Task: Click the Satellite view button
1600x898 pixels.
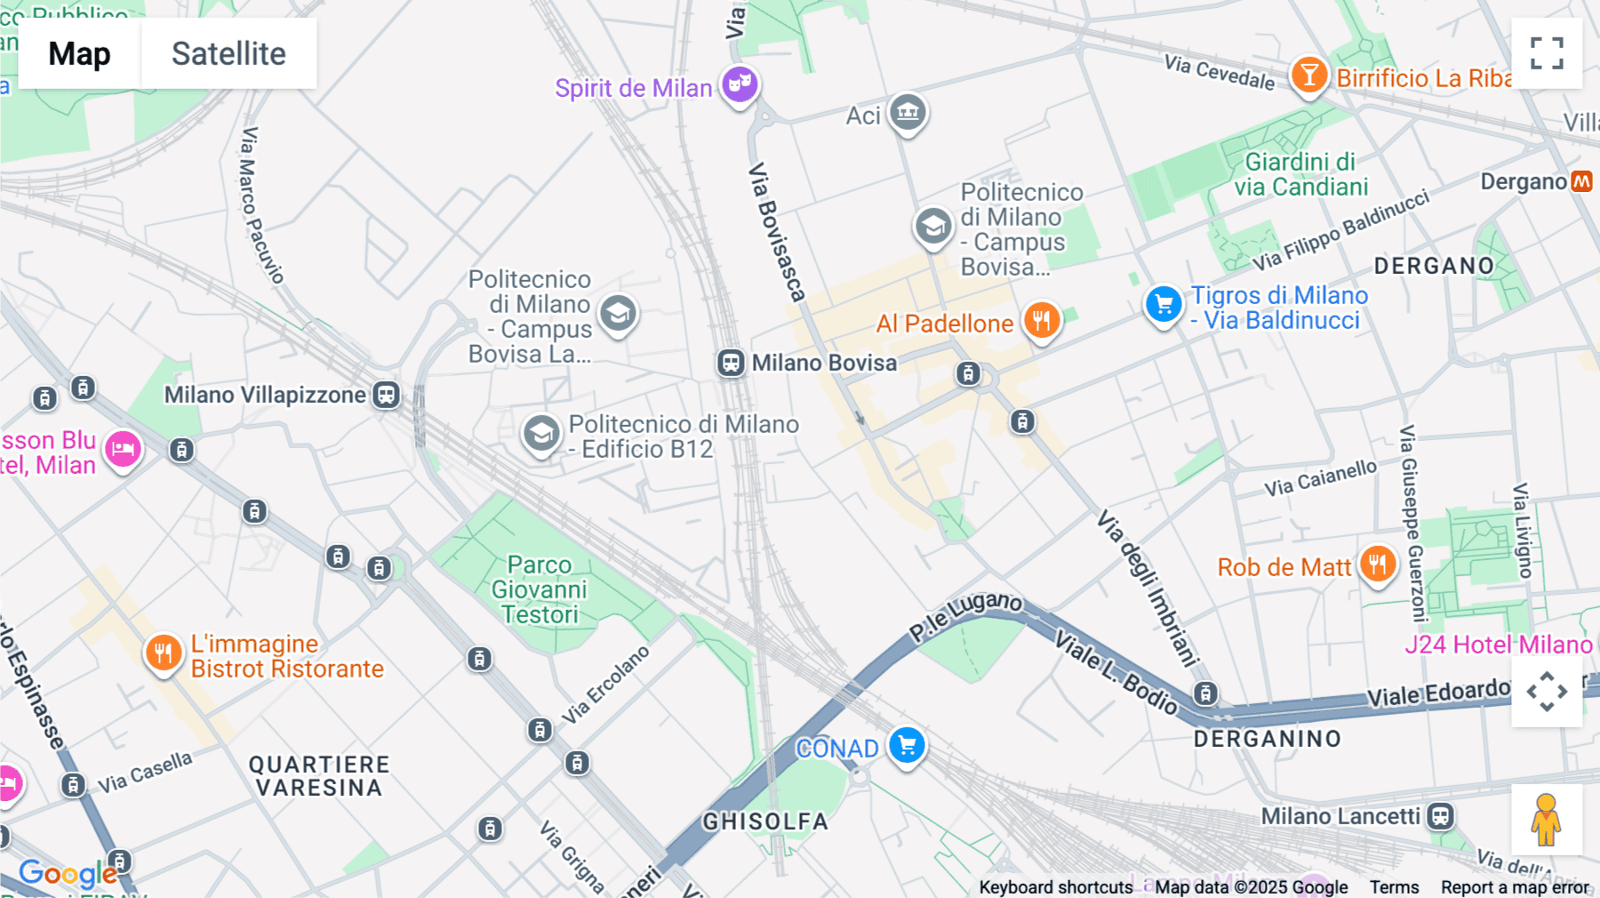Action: (x=228, y=53)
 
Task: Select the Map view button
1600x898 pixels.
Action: (x=79, y=53)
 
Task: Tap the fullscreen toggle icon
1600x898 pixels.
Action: (x=1547, y=53)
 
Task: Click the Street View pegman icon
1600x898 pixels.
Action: (x=1546, y=820)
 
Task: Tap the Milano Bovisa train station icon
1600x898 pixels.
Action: (x=731, y=363)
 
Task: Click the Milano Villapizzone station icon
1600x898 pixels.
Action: (x=386, y=395)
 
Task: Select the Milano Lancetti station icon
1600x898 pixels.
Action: (x=1440, y=816)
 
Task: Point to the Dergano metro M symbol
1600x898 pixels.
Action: (x=1581, y=181)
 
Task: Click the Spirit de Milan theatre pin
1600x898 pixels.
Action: (x=740, y=84)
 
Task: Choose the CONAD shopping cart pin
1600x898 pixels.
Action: (x=907, y=745)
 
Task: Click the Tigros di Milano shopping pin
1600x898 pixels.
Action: (x=1163, y=304)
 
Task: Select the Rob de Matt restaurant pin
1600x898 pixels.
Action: (x=1377, y=564)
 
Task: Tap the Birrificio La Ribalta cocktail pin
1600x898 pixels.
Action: (x=1309, y=75)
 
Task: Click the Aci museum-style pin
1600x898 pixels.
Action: (x=908, y=112)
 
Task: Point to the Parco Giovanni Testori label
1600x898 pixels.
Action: (x=540, y=589)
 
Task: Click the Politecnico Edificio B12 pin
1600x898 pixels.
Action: (x=540, y=434)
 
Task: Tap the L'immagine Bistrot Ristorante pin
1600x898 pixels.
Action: (x=163, y=653)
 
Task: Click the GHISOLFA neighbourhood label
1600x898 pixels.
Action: (x=765, y=822)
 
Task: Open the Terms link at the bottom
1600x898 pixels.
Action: (x=1394, y=887)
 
